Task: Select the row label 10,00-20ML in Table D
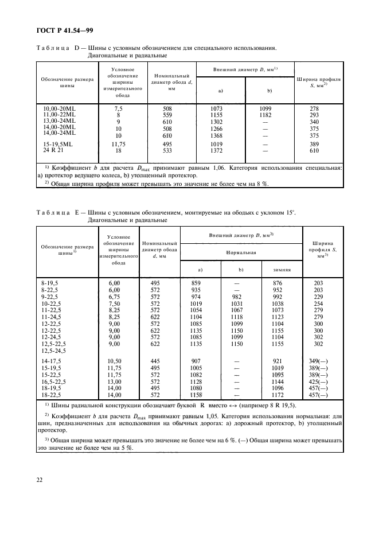60,109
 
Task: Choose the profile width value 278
314,109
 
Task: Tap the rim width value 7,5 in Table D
119,109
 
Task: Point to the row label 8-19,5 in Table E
50,283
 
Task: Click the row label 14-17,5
52,360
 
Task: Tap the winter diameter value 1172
278,396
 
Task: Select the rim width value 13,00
115,382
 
